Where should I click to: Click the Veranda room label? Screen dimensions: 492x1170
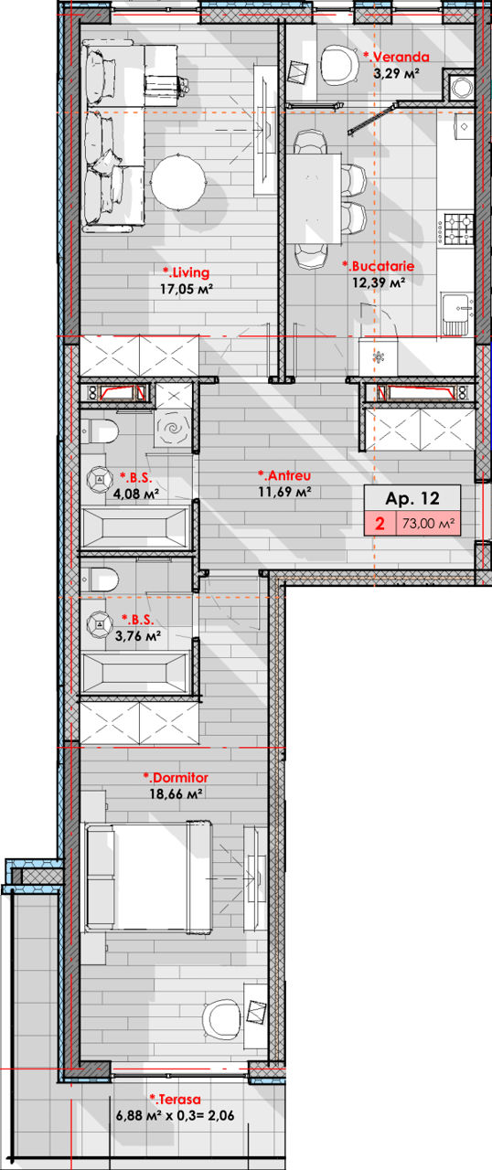[x=396, y=57]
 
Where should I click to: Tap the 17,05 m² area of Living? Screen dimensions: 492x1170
[x=187, y=288]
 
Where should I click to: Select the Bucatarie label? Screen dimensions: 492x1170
[x=378, y=266]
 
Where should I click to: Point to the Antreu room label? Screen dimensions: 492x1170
[x=284, y=475]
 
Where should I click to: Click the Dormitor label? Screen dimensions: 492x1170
[x=176, y=777]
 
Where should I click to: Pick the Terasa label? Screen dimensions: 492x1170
[x=175, y=1099]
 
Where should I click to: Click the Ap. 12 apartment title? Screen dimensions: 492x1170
[x=412, y=498]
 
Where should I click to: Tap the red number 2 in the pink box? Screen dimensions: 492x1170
[x=380, y=522]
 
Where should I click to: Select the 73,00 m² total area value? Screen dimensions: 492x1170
[x=428, y=523]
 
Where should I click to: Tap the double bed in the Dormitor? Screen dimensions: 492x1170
[x=148, y=877]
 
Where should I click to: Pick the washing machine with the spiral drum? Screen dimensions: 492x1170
[x=174, y=429]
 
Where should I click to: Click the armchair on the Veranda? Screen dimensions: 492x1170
[x=336, y=64]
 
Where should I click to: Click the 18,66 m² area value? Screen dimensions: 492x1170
[x=176, y=794]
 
